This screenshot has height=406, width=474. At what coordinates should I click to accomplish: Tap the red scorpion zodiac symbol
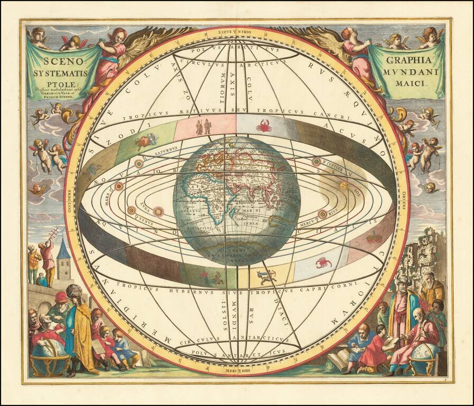(323, 262)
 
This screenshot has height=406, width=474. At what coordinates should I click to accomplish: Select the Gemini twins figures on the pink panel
(203, 127)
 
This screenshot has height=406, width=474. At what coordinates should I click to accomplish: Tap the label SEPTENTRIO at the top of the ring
(236, 31)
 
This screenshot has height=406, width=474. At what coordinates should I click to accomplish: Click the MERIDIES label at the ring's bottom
(236, 371)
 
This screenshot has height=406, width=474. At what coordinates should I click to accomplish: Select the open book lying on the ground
(337, 361)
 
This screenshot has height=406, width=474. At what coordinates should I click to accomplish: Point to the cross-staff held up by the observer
(52, 235)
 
